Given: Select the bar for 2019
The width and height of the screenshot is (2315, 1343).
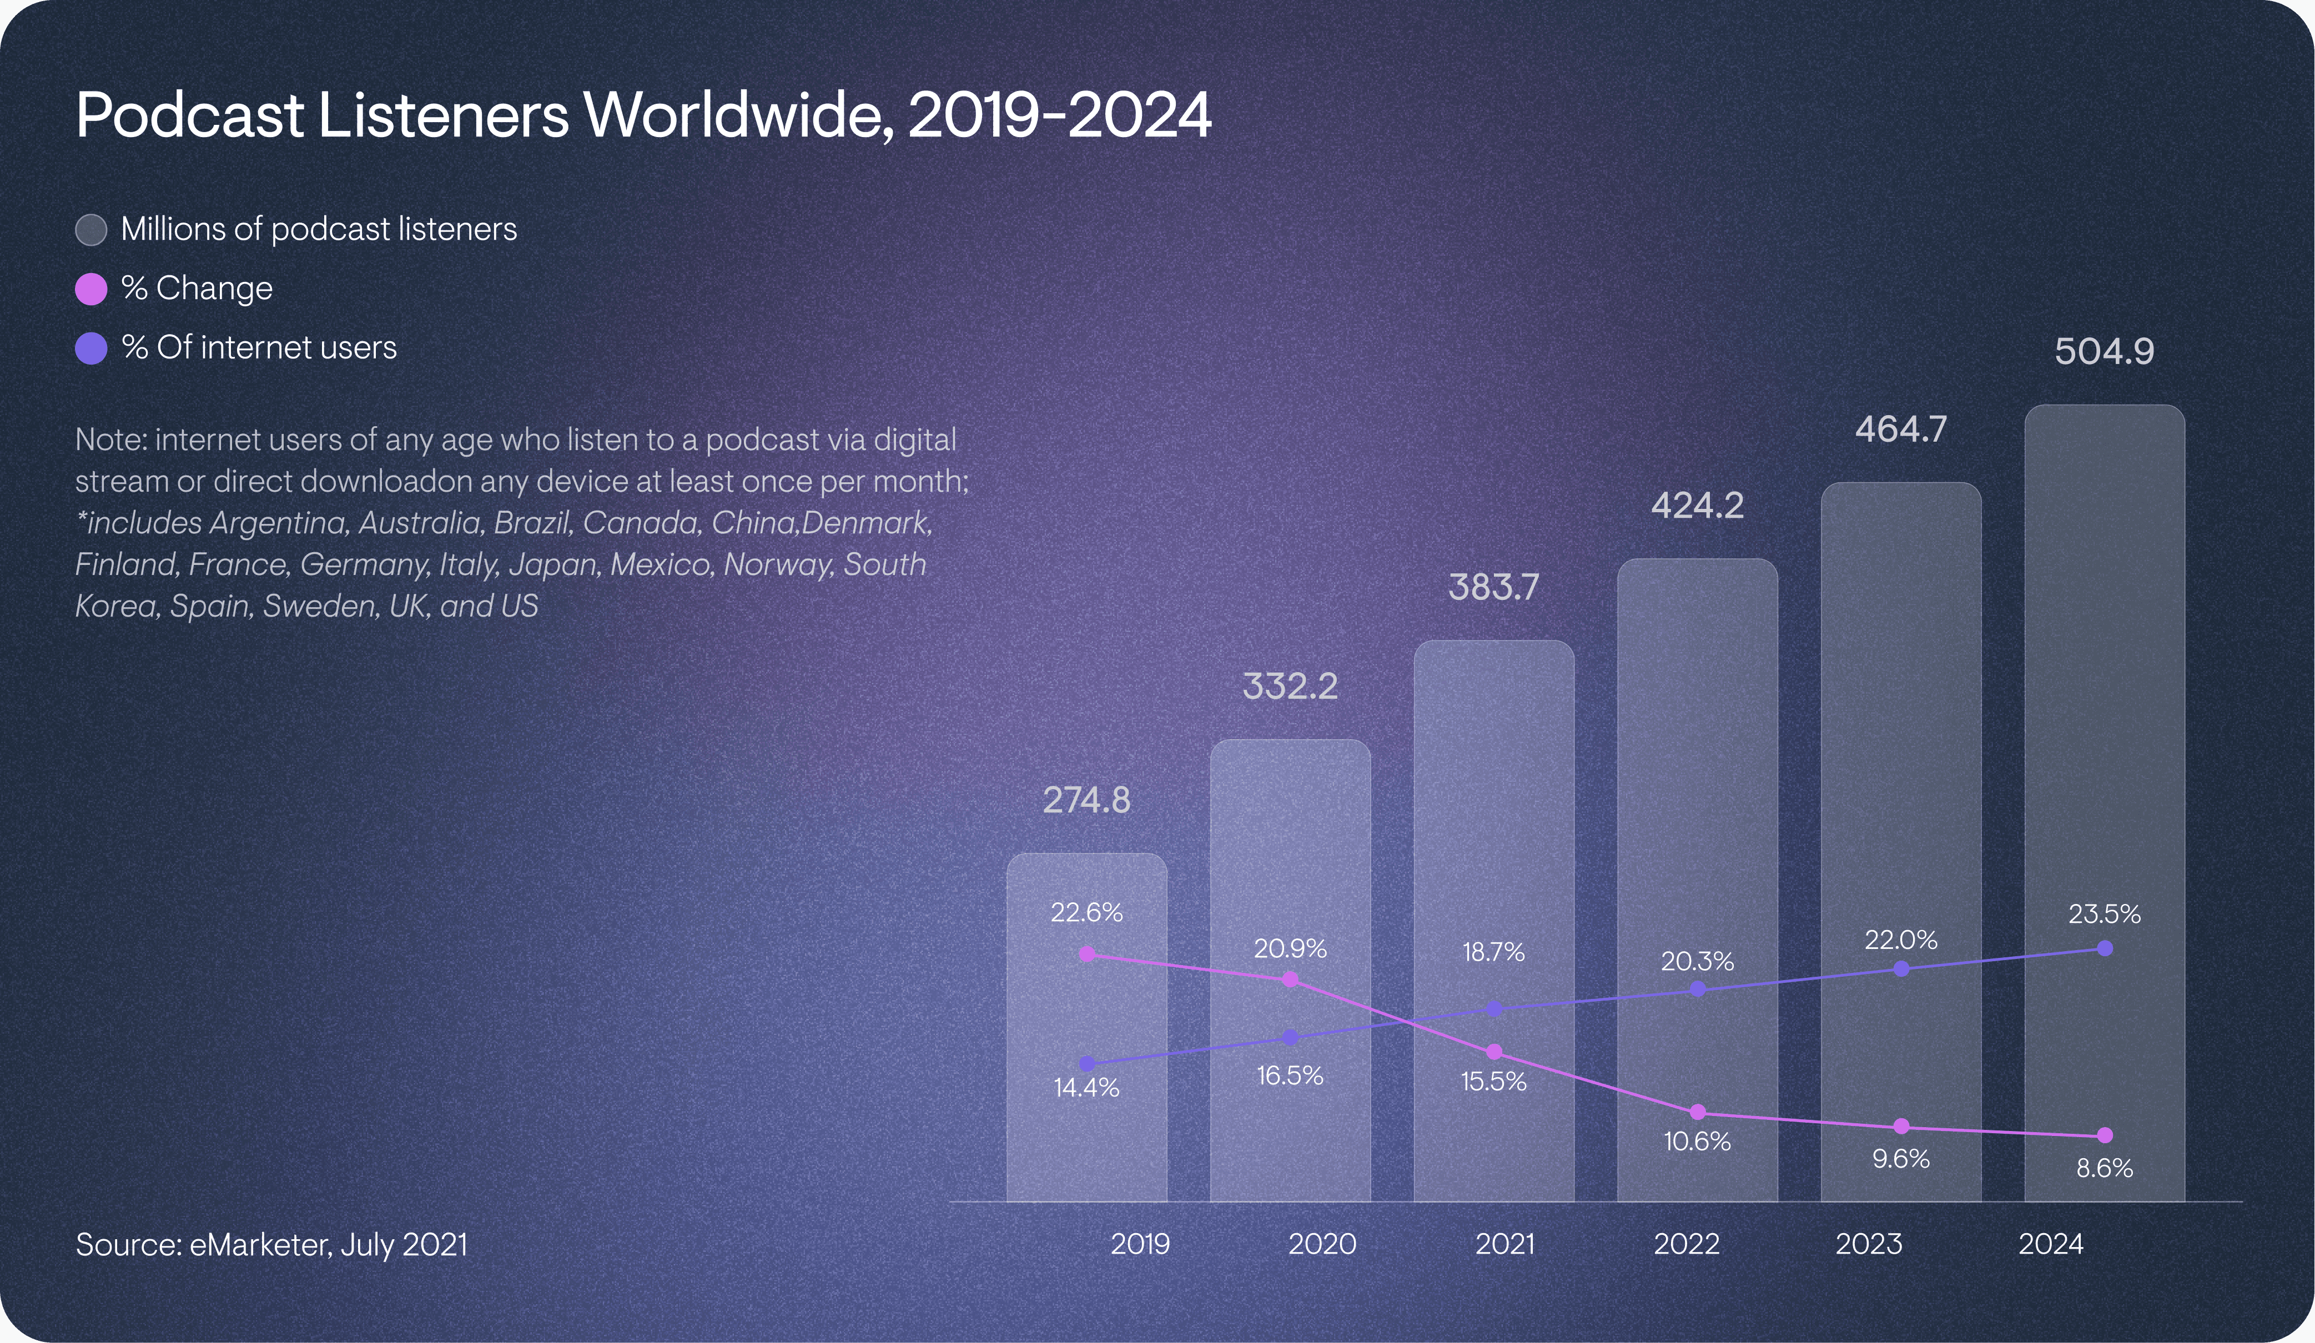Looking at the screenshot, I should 1087,1029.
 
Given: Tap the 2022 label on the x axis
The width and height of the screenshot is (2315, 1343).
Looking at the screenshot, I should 1687,1244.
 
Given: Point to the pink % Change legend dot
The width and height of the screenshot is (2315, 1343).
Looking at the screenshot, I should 91,289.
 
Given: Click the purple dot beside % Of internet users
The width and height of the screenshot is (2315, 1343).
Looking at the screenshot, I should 91,348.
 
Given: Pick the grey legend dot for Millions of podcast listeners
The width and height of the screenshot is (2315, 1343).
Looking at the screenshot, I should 91,230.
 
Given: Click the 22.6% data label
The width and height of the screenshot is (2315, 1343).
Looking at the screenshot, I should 1087,912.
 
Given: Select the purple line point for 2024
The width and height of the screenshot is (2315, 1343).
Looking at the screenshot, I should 2105,948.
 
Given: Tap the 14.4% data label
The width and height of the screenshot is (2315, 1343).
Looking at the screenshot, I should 1087,1088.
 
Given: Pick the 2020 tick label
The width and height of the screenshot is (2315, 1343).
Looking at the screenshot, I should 1322,1244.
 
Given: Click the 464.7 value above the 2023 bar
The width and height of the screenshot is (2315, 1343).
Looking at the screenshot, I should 1901,429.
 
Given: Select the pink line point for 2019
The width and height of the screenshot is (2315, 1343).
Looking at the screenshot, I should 1087,955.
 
